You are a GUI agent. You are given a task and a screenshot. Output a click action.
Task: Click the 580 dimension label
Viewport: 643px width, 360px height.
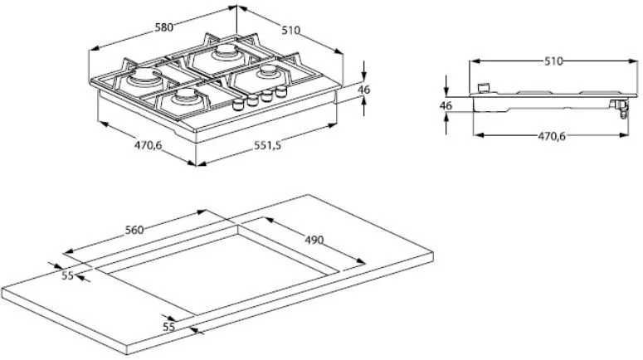tap(164, 27)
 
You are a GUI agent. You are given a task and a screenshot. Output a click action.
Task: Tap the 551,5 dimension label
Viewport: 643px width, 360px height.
tap(267, 145)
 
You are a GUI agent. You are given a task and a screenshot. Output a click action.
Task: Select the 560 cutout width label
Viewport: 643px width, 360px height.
tap(134, 230)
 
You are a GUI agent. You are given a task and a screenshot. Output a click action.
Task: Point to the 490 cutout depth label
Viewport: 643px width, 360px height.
tap(314, 240)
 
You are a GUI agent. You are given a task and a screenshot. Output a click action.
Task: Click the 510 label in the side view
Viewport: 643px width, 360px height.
tap(553, 61)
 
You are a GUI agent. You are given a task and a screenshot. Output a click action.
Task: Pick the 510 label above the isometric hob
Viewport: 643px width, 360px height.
tap(290, 30)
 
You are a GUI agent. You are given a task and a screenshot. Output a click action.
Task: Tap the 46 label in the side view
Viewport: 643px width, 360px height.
tap(446, 105)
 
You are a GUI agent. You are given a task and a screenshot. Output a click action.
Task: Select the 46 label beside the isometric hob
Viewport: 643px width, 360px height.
tap(364, 89)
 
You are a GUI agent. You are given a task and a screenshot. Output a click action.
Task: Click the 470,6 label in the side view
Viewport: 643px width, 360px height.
tap(552, 136)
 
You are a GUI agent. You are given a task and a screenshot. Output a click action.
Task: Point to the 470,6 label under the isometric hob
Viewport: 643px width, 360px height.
tap(149, 144)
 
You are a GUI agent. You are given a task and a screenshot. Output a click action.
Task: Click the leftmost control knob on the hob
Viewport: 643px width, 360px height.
tap(238, 105)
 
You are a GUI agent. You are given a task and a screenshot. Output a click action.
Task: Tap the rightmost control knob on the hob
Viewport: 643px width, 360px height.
tap(281, 91)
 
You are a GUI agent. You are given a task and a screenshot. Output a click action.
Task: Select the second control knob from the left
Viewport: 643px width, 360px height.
tap(252, 100)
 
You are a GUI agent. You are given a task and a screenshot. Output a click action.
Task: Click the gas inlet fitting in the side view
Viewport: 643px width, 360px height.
tap(619, 108)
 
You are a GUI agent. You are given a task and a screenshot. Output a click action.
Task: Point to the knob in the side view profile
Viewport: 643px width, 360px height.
tap(484, 87)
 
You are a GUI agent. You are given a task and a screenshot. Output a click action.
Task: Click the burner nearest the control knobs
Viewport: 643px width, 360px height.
tap(267, 72)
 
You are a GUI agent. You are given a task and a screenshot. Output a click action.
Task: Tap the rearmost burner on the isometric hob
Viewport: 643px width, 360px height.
tap(226, 52)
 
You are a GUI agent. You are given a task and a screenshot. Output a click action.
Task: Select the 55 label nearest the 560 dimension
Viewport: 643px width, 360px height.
tap(68, 275)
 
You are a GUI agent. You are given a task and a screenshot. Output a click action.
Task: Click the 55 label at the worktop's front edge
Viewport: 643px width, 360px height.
tap(169, 327)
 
